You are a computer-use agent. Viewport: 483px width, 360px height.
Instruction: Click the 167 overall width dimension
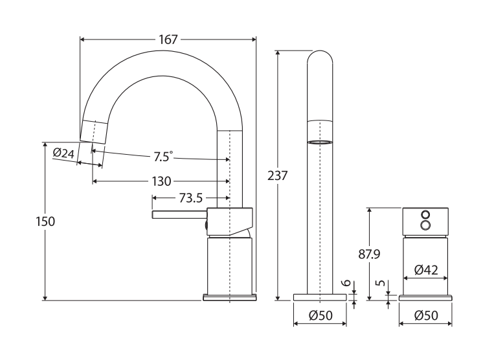tap(168, 39)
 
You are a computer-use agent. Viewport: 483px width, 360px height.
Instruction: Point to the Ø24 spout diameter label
tap(63, 153)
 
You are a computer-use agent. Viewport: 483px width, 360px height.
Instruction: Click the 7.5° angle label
tap(163, 157)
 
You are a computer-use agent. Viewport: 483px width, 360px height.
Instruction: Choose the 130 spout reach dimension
tap(162, 181)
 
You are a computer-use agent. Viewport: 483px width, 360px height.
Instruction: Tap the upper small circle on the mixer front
tap(425, 214)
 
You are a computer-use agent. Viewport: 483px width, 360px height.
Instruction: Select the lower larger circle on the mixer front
tap(425, 225)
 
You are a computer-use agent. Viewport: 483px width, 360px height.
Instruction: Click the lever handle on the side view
tap(178, 215)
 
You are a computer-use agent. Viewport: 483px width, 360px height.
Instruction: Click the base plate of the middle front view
tap(320, 297)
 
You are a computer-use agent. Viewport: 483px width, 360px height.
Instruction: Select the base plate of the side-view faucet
tap(229, 297)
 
